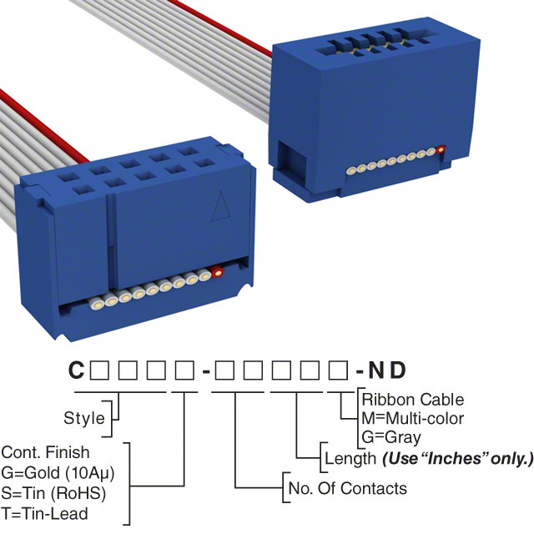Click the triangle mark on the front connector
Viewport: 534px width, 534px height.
(220, 205)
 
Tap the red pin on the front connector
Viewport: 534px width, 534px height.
(217, 272)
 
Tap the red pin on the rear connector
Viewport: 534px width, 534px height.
(441, 151)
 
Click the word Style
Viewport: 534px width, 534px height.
(84, 418)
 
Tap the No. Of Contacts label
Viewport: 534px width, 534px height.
(346, 488)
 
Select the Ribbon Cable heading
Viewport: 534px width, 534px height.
(412, 400)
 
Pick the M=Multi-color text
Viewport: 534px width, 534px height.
(412, 418)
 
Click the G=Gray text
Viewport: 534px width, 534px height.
(391, 436)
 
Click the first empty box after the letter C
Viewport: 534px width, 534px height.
(98, 370)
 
